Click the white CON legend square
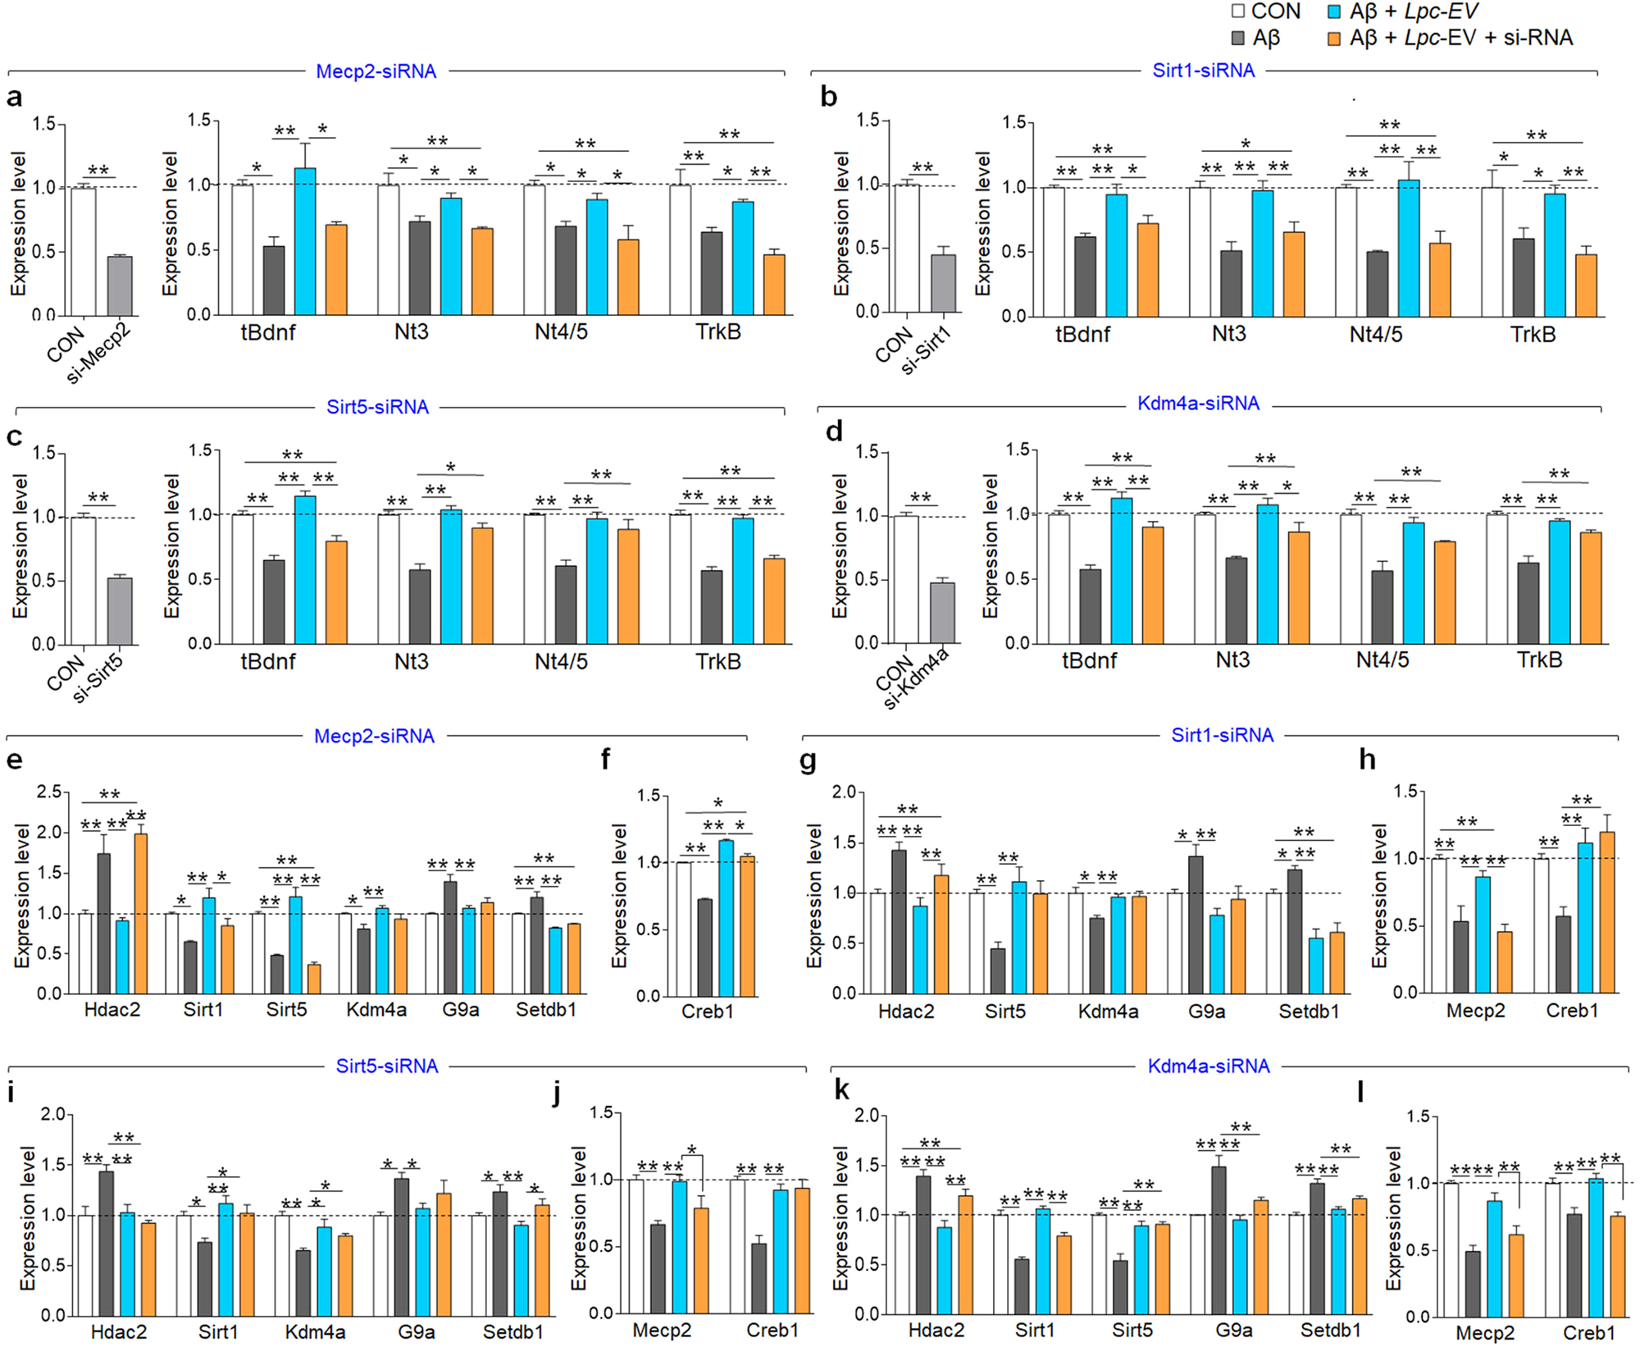pos(1238,11)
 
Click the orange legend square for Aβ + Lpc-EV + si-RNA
pos(1334,38)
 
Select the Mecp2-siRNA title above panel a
pos(376,71)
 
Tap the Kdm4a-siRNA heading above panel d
pos(1198,404)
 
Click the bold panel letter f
pos(605,760)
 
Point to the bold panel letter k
pos(841,1089)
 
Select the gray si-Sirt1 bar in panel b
pos(943,283)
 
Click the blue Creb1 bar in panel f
pos(726,918)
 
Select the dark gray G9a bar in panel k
pos(1219,1240)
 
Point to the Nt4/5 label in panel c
pos(561,661)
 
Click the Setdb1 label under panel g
pos(1309,1011)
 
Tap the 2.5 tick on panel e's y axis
pos(49,792)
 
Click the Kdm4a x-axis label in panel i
pos(315,1331)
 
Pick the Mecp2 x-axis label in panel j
pos(662,1330)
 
